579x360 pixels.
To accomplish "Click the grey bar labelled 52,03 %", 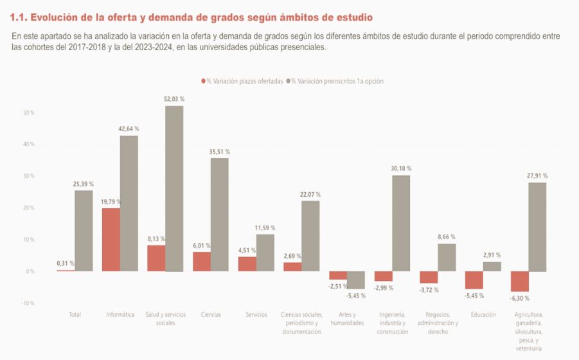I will point(174,188).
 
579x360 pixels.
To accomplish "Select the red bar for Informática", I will point(111,239).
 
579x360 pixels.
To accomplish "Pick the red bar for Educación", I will point(474,280).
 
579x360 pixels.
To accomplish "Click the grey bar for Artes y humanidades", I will point(356,280).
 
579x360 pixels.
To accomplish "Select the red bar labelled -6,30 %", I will point(520,281).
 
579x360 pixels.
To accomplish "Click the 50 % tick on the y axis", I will point(28,113).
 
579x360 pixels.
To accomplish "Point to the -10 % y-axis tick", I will point(28,303).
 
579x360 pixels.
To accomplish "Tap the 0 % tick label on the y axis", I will point(30,271).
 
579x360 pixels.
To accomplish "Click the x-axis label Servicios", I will point(256,314).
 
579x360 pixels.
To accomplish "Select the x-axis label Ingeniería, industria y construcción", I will point(393,323).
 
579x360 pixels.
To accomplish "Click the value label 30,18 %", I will point(401,168).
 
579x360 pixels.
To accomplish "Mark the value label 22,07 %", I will point(310,194).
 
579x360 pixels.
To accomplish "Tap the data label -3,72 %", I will point(429,290).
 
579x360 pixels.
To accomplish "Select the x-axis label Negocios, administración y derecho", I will point(438,323).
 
